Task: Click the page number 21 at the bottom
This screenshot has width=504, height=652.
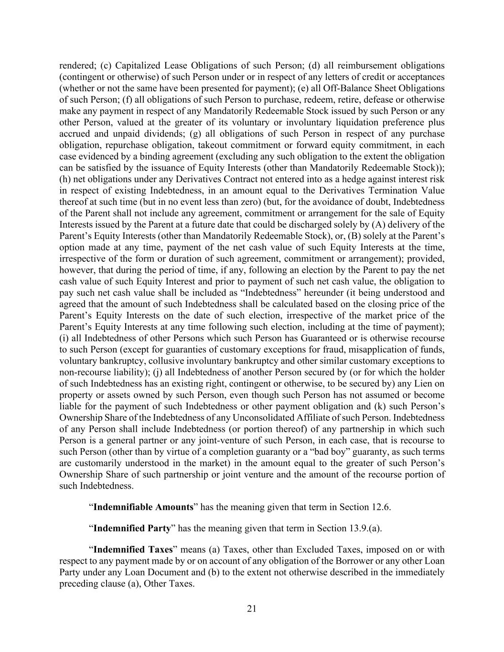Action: pyautogui.click(x=252, y=608)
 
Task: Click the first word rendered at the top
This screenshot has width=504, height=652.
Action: pyautogui.click(x=78, y=65)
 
